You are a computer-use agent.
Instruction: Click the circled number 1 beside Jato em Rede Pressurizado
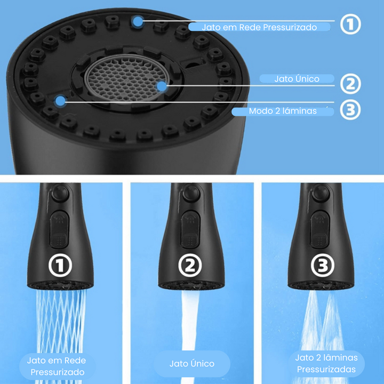click(x=350, y=24)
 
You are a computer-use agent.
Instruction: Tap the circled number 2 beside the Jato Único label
click(x=350, y=84)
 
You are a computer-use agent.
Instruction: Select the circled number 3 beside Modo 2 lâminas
click(x=350, y=109)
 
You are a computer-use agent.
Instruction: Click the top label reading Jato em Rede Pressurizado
click(x=259, y=27)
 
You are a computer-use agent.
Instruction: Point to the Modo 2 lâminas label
click(x=283, y=111)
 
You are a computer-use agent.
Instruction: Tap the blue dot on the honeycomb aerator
click(x=162, y=86)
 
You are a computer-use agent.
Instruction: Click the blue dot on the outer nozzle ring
click(x=138, y=22)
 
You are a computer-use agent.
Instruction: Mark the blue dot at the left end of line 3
click(x=60, y=101)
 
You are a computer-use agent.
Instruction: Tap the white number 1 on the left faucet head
click(x=60, y=266)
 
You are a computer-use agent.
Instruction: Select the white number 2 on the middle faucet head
click(x=190, y=266)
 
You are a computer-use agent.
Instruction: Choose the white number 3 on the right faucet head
click(x=323, y=266)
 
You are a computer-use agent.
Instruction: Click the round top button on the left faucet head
click(x=60, y=193)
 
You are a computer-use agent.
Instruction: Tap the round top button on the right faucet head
click(x=321, y=193)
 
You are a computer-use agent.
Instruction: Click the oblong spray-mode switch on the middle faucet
click(x=190, y=230)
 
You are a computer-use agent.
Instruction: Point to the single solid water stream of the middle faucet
click(x=190, y=326)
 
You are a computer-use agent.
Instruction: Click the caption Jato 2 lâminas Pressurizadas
click(x=326, y=363)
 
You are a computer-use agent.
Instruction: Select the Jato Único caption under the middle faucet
click(x=192, y=364)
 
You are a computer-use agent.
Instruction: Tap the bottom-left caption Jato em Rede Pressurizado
click(x=57, y=366)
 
